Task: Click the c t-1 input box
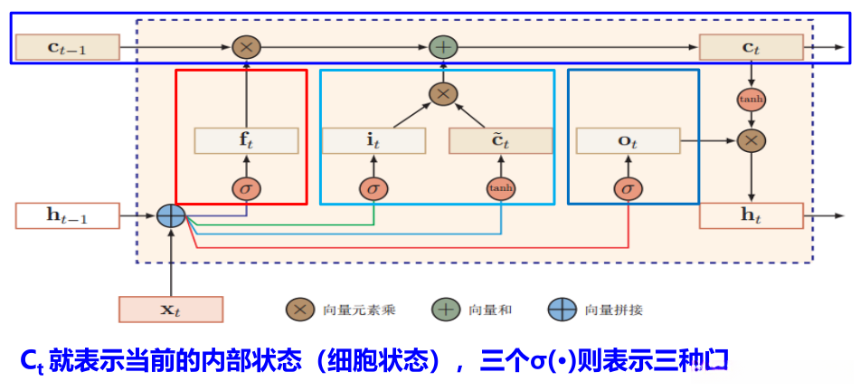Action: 68,47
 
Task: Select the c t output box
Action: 751,47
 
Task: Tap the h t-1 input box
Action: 68,215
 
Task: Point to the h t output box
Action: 751,215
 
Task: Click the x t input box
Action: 170,309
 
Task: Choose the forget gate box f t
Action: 246,140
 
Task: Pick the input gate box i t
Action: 373,140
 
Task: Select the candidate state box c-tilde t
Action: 500,140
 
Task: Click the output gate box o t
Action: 628,140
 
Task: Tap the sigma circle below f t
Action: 246,188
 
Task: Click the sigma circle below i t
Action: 373,188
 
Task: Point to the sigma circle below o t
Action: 628,188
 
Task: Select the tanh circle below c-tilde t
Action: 500,188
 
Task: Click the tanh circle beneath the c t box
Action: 751,99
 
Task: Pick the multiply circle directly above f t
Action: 246,47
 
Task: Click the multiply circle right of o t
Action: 751,140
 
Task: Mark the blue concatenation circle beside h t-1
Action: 170,215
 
